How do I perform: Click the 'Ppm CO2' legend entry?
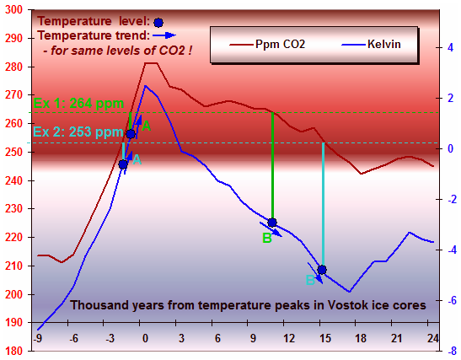pos(267,45)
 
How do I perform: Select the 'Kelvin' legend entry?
pos(371,45)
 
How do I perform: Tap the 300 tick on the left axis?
pos(13,10)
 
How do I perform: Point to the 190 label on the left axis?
pos(13,322)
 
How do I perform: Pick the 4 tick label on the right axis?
pos(450,48)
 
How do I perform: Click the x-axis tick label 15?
pos(325,339)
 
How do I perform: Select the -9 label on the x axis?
pos(37,339)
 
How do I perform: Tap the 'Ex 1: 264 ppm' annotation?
pos(78,104)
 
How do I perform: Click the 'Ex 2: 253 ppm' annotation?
pos(78,132)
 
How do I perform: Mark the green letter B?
pos(267,238)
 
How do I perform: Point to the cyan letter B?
pos(310,280)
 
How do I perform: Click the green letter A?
pos(146,126)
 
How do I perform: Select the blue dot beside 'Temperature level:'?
pos(158,23)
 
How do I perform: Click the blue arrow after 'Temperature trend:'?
pos(164,35)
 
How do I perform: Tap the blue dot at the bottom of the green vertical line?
pos(272,223)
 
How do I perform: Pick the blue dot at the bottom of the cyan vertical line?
pos(322,270)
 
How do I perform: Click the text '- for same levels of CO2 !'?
pos(118,51)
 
